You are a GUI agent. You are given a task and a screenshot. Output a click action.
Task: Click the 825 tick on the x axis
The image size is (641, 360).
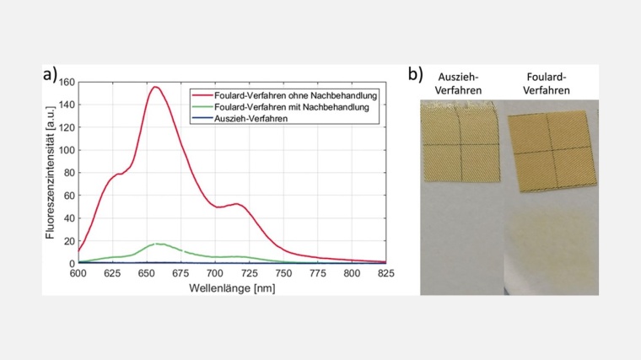385,273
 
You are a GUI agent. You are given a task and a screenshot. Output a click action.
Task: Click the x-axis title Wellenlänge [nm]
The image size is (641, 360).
232,287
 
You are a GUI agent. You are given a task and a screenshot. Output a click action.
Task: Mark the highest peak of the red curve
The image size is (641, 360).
155,87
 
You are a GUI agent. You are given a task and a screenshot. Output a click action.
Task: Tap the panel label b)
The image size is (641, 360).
416,74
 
